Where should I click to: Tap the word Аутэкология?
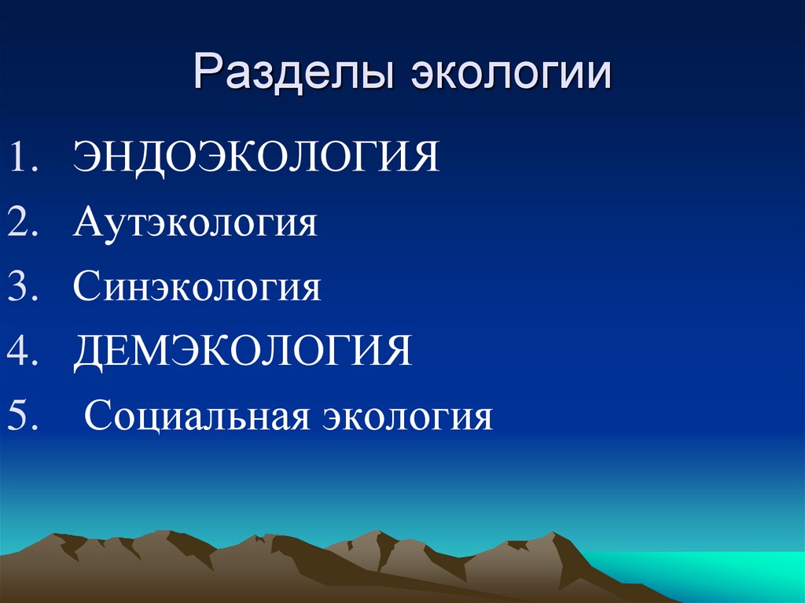[195, 223]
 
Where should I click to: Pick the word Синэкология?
[197, 288]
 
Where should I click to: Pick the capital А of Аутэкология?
[86, 222]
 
